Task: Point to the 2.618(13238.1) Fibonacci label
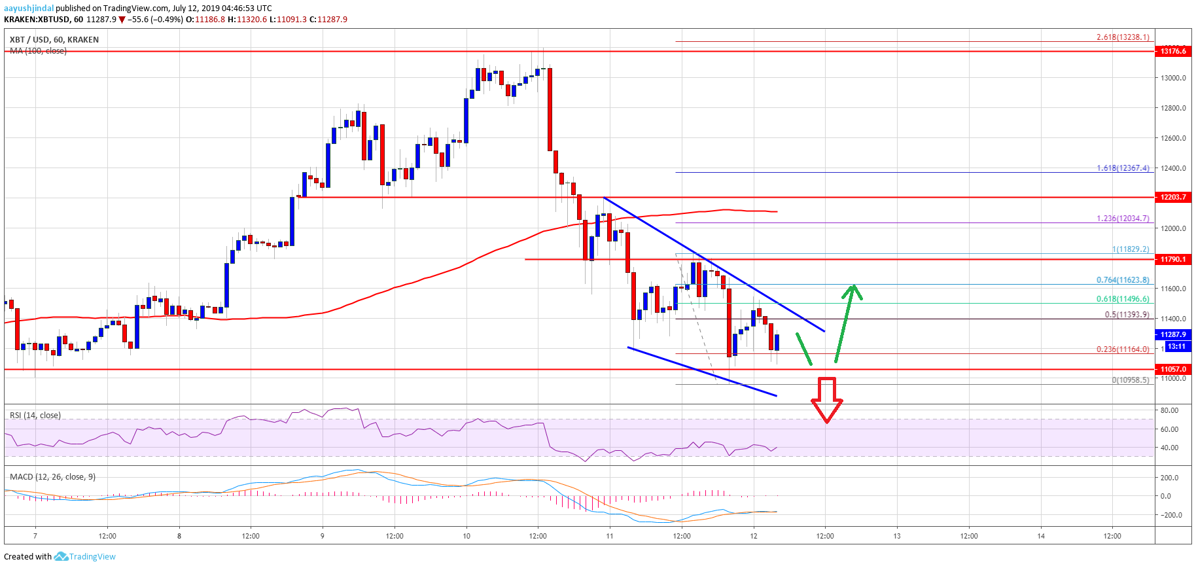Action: (x=1123, y=37)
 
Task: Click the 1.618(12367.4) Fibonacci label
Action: (x=1123, y=168)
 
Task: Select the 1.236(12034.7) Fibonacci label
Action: (x=1123, y=219)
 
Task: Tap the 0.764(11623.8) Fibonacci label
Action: (x=1123, y=280)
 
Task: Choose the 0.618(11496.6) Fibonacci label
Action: (x=1123, y=299)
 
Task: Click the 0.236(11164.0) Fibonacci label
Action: (x=1123, y=349)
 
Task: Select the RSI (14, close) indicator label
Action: (x=35, y=416)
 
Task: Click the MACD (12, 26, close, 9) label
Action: (x=52, y=477)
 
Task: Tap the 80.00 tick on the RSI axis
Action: (x=1169, y=410)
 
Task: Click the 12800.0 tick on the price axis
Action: (x=1173, y=108)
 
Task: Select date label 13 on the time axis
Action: (x=897, y=536)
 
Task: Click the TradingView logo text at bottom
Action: (x=92, y=557)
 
